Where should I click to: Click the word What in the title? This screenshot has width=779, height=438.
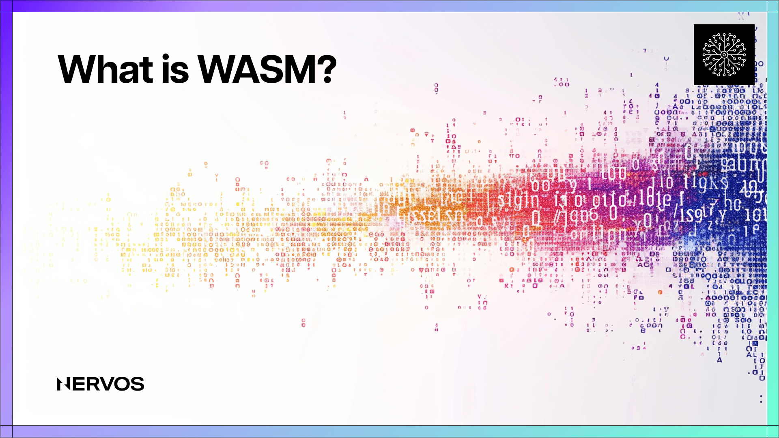tap(106, 69)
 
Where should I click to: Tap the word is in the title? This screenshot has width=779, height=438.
tap(176, 69)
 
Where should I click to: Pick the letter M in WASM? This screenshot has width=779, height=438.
tap(299, 69)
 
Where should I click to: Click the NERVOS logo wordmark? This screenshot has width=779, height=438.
tap(100, 384)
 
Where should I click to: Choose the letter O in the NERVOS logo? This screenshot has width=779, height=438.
tap(122, 384)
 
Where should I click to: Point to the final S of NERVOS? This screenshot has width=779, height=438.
tap(138, 384)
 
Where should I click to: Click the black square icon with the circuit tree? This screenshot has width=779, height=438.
tap(724, 55)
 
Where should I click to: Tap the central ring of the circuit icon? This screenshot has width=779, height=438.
tap(724, 55)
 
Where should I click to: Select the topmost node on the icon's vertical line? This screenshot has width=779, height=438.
tap(724, 34)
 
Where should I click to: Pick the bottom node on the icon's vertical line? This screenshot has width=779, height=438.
tap(724, 75)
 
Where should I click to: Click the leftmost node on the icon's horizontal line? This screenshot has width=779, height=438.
tap(704, 55)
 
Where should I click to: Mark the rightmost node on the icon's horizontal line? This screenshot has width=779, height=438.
tap(744, 55)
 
